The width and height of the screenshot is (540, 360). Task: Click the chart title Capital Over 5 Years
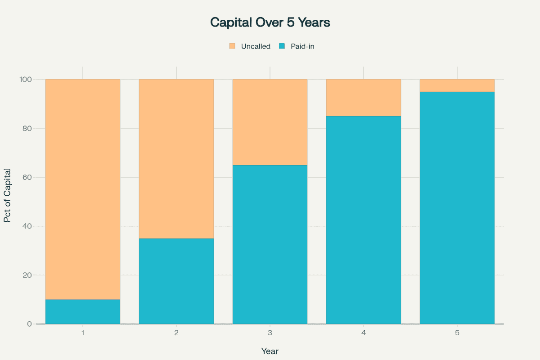(270, 22)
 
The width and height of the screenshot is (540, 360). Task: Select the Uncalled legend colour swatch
(232, 46)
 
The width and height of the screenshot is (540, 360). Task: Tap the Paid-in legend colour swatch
(282, 46)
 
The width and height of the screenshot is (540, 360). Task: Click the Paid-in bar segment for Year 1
(83, 311)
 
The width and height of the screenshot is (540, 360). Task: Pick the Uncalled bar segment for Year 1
(83, 189)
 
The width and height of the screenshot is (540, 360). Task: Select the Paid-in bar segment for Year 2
(176, 281)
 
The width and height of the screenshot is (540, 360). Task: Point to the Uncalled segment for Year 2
(176, 159)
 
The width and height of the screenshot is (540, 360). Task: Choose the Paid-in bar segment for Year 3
(270, 244)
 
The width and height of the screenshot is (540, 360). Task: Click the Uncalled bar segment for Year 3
(270, 122)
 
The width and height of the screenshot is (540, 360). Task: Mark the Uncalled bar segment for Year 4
(364, 98)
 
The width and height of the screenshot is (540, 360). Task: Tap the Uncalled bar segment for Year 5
(457, 85)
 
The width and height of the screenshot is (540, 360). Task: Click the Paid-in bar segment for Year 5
(457, 208)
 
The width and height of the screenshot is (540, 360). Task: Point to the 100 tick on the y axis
(25, 80)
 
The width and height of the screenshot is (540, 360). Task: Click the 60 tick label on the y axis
(27, 177)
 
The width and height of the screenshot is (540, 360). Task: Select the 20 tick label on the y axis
(27, 275)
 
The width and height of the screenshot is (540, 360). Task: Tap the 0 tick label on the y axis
(29, 324)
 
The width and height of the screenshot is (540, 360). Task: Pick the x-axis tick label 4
(364, 333)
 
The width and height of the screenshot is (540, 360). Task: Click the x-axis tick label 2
(176, 333)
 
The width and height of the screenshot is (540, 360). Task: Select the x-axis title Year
(270, 351)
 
